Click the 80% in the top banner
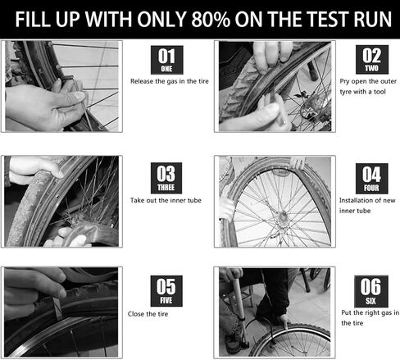pos(211,19)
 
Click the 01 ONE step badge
pos(167,60)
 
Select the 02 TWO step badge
pos(372,59)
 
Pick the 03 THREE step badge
pos(166,178)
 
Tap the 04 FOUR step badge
pos(371,179)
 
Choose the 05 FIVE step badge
pos(166,291)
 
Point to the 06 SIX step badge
pos(371,291)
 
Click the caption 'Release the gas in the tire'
pos(170,81)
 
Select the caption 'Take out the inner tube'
pos(166,200)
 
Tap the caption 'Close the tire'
pos(148,314)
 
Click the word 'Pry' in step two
pos(344,82)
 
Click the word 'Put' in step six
pos(347,312)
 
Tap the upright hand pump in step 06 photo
pos(240,309)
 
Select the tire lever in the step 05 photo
pos(58,308)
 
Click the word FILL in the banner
pos(33,19)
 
